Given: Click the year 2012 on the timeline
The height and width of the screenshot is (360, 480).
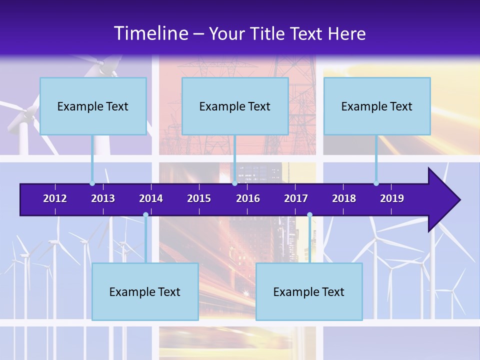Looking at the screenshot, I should [55, 198].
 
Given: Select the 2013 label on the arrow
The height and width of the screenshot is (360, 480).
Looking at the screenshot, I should [103, 198].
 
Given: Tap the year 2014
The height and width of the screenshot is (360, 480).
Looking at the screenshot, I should [151, 198].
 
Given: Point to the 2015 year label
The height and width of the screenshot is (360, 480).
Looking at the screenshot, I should [199, 198].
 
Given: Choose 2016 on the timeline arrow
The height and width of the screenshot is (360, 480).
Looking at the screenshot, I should [248, 198].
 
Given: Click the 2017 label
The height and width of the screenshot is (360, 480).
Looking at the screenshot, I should [296, 198].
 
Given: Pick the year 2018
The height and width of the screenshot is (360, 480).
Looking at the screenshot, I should [344, 198].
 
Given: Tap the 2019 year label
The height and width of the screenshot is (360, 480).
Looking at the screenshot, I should [392, 198].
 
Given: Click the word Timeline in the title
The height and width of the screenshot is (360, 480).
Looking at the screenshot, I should [150, 33].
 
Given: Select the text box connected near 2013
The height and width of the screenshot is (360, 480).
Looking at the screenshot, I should [93, 106].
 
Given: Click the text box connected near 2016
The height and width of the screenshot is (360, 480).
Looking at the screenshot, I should [235, 106].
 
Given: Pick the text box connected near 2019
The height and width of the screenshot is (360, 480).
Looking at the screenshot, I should [377, 106].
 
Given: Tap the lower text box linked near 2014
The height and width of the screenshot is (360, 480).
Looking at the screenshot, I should [145, 291].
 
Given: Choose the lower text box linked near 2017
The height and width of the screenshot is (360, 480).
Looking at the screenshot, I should [309, 291].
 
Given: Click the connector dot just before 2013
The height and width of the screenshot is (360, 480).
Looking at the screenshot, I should [92, 183].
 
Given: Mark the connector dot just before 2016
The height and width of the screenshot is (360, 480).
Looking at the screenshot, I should [234, 183].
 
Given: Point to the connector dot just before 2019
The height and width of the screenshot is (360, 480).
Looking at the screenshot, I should [376, 183].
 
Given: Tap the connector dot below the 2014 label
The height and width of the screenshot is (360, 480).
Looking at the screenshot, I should [145, 215].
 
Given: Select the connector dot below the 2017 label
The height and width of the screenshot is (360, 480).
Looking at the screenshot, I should [309, 215].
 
